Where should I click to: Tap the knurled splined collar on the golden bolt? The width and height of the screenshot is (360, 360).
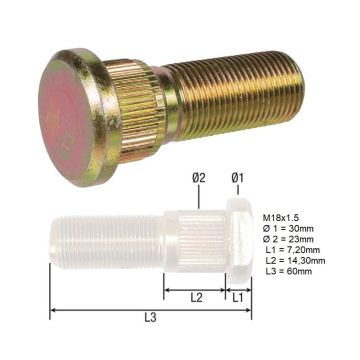click(138, 110)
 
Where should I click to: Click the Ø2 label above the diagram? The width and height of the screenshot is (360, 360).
click(199, 178)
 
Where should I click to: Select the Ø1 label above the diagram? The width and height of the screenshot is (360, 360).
click(238, 178)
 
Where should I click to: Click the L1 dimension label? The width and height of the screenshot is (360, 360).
click(238, 298)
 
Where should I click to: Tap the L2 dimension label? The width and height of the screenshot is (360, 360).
click(196, 298)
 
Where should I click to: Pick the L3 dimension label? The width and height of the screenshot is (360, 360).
click(150, 318)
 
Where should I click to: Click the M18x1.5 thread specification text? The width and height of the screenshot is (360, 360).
click(281, 218)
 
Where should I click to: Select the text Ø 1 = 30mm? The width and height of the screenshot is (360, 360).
click(288, 229)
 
